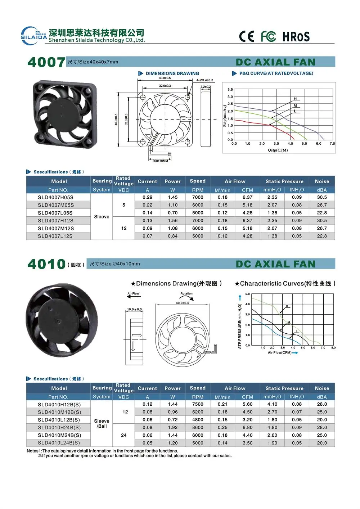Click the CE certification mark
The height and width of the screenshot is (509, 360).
click(247, 36)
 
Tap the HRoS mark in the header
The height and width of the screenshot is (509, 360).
click(296, 36)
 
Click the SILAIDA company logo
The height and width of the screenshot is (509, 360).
click(33, 36)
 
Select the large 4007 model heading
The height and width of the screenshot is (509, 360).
click(46, 62)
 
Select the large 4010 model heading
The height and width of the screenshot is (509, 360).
click(46, 264)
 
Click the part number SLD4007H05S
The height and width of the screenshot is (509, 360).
click(55, 197)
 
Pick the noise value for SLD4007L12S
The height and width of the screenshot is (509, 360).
click(322, 236)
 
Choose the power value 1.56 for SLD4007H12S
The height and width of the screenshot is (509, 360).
click(172, 221)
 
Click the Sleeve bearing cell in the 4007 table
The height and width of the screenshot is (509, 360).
click(102, 217)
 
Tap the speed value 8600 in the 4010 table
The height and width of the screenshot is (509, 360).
click(198, 428)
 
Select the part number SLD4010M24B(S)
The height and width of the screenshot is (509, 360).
click(59, 435)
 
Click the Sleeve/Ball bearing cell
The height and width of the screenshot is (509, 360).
click(102, 424)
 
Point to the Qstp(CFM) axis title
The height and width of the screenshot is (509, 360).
click(278, 150)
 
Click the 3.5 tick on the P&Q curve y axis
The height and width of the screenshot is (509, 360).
click(230, 90)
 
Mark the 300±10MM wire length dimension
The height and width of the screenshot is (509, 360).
click(160, 161)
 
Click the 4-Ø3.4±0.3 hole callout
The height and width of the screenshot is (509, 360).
click(204, 80)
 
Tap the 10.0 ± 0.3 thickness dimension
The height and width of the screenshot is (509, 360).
click(134, 310)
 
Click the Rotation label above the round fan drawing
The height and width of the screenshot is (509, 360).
click(186, 294)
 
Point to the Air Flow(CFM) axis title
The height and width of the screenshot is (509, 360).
click(280, 353)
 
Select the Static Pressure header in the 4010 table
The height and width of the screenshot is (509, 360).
click(284, 388)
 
